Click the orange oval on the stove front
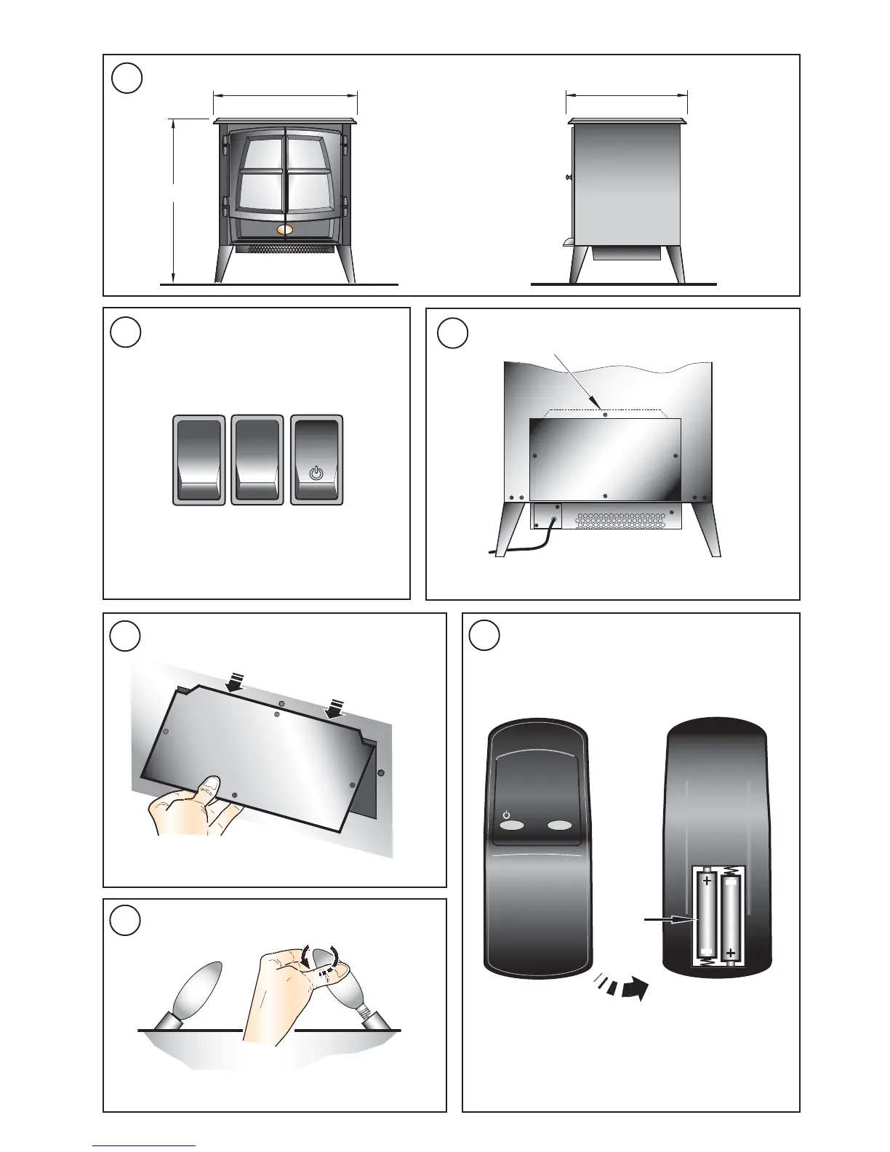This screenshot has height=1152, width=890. click(x=286, y=230)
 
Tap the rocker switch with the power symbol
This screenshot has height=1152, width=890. click(x=316, y=460)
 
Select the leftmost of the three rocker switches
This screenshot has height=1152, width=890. click(x=199, y=460)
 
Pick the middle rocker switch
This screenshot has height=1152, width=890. click(x=257, y=460)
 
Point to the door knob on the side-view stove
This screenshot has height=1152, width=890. click(x=568, y=177)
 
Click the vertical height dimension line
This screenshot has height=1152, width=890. click(x=174, y=200)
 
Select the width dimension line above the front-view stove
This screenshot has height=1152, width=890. click(x=286, y=95)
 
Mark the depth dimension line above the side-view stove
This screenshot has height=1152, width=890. click(x=626, y=95)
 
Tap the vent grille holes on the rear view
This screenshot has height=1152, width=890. click(x=622, y=519)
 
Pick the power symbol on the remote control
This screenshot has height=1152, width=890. click(x=508, y=815)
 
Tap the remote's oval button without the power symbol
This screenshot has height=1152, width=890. click(x=560, y=826)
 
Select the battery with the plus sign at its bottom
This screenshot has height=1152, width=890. click(x=731, y=920)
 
